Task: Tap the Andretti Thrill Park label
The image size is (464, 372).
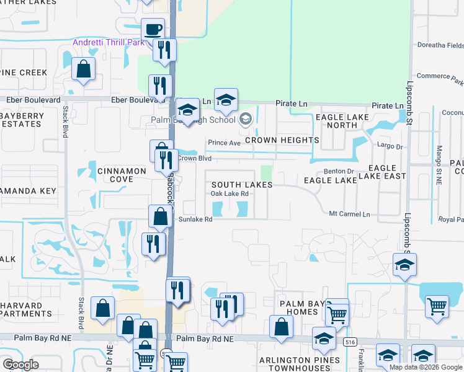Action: (x=109, y=42)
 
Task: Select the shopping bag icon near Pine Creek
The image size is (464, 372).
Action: (x=83, y=69)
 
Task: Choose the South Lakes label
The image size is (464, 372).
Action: (x=241, y=185)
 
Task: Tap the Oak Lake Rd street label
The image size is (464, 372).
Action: (x=230, y=194)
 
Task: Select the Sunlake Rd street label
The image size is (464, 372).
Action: (x=195, y=219)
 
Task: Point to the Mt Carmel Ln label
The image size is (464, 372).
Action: (x=349, y=214)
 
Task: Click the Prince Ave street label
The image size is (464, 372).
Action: (x=224, y=143)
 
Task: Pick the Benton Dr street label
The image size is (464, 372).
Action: (x=339, y=171)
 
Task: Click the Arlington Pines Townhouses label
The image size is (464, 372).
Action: (x=300, y=364)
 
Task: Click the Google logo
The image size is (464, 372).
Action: (x=20, y=364)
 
